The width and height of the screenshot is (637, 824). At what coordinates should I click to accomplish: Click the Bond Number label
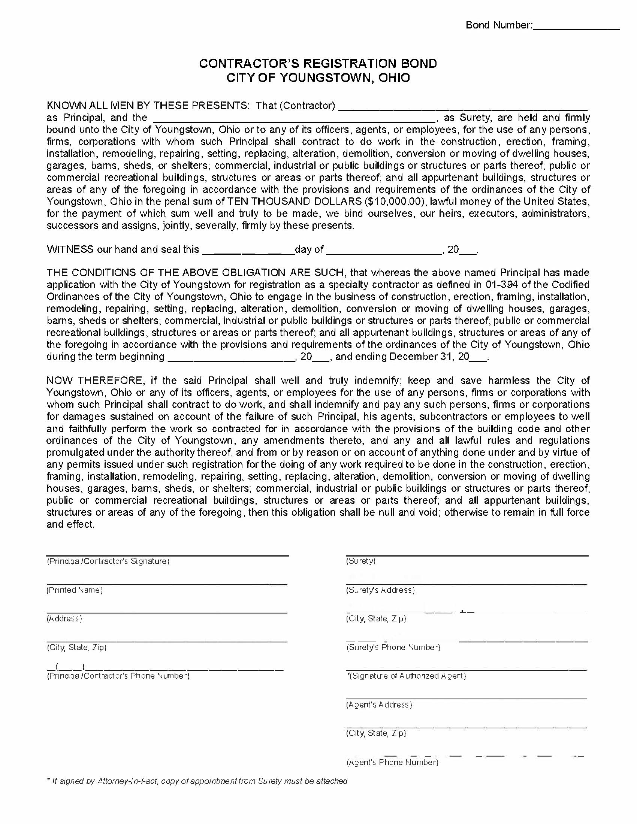tap(498, 25)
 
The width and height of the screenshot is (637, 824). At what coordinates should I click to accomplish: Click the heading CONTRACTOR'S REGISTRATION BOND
tap(318, 63)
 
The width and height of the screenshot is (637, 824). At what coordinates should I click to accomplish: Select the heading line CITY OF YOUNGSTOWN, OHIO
tap(318, 78)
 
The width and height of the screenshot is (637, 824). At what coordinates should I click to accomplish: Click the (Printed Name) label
tap(74, 590)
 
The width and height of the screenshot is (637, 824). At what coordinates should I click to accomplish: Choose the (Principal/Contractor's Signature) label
tap(108, 561)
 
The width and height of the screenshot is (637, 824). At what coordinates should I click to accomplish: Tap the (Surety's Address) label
tap(380, 590)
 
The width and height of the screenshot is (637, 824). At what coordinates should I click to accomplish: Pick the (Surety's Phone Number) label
tap(393, 648)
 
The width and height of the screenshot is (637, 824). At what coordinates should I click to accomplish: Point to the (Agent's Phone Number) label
tap(392, 762)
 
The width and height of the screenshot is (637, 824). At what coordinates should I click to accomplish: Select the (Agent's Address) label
tap(379, 705)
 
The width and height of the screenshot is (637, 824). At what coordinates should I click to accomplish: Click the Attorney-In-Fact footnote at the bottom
tap(196, 781)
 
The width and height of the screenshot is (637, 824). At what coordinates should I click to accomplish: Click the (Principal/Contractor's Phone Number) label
tap(118, 676)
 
